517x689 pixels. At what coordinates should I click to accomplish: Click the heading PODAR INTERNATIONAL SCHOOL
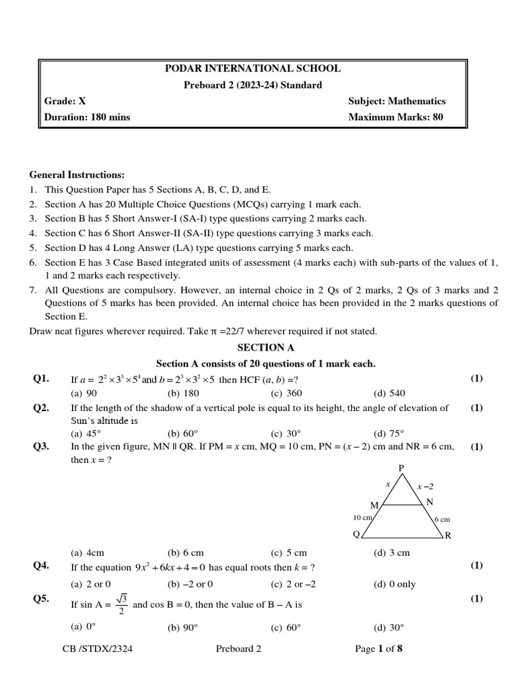click(x=252, y=69)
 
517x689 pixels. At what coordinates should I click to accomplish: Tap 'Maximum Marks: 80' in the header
click(x=396, y=117)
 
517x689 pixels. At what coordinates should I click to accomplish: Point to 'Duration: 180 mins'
click(x=87, y=117)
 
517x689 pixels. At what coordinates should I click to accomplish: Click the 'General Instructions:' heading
click(x=77, y=174)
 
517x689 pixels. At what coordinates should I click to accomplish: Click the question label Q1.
click(x=41, y=379)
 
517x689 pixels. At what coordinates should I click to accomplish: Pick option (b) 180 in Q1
click(x=183, y=394)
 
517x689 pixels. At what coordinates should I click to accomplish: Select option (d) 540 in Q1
click(x=390, y=394)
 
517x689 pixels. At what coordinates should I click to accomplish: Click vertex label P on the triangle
click(x=402, y=468)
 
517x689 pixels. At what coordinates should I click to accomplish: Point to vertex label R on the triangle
click(x=448, y=536)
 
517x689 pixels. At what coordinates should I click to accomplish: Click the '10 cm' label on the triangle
click(x=362, y=517)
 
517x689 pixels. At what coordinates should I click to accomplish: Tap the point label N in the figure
click(x=430, y=502)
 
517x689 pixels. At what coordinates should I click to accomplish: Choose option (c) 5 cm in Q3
click(x=289, y=553)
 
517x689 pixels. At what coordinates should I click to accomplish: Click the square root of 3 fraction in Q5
click(x=121, y=604)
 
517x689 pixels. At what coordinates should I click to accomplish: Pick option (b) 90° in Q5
click(x=183, y=628)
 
